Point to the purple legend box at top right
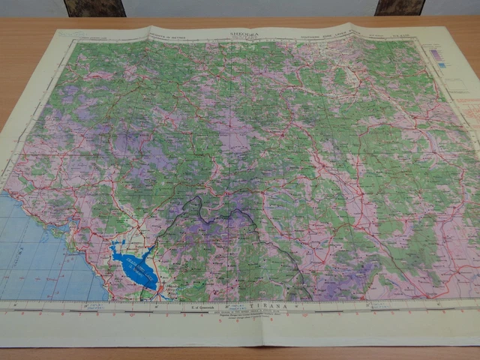[433, 55]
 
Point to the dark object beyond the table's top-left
[94, 7]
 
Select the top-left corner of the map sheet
[56, 30]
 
